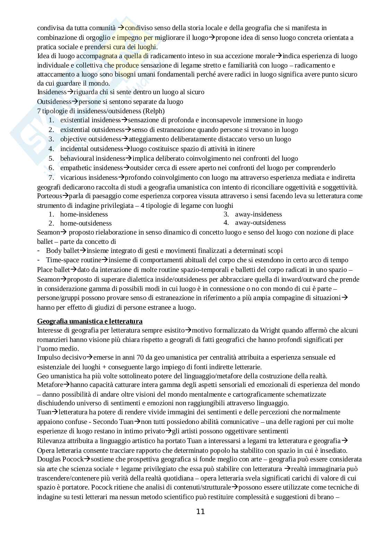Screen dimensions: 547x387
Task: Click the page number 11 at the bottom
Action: [x=200, y=511]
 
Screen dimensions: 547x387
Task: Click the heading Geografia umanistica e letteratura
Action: [x=90, y=321]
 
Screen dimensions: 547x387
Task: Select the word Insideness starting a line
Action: [x=52, y=92]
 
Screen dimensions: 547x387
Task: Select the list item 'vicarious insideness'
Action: [x=89, y=177]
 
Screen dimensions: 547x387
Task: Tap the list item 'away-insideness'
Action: [x=258, y=214]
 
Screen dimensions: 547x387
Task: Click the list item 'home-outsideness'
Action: [x=86, y=223]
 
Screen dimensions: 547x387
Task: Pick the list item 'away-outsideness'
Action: [x=260, y=222]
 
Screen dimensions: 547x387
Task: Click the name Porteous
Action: [x=50, y=196]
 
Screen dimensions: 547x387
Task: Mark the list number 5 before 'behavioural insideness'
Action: [x=51, y=158]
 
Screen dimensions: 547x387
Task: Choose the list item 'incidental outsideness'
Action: [x=92, y=149]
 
